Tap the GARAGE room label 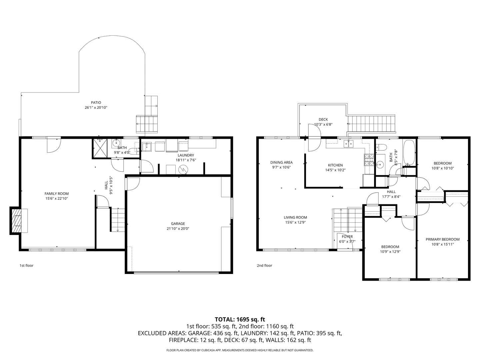coord(178,224)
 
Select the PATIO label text coord(96,103)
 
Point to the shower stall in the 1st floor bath coord(100,148)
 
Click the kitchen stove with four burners coord(369,160)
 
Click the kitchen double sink coord(349,144)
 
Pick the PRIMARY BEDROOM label coord(442,239)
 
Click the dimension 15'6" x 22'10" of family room coord(57,199)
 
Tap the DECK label coord(323,119)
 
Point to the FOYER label coord(347,237)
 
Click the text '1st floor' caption coord(26,266)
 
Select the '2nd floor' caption coord(264,266)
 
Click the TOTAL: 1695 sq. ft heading coord(240,319)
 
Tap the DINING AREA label coord(281,163)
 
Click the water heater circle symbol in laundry coord(183,170)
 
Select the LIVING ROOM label coord(295,217)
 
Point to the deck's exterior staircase coord(371,124)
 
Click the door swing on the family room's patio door coord(54,146)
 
